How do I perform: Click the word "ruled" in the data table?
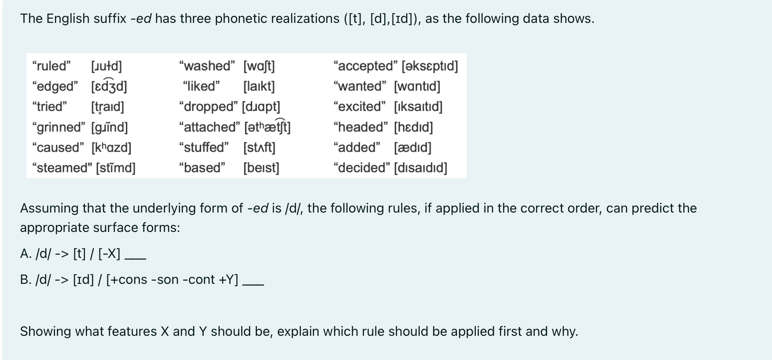51,66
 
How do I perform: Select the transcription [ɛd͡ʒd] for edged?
109,86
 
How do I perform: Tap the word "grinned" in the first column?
59,127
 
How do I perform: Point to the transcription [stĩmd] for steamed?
116,168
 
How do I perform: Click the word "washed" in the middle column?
207,66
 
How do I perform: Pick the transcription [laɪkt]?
259,86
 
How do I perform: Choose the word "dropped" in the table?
208,107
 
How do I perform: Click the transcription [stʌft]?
259,147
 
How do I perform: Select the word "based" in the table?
202,168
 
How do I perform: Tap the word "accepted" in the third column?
366,66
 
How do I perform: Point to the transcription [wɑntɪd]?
417,86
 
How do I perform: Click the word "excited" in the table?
360,107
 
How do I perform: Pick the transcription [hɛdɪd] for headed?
413,127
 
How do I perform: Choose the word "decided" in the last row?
361,168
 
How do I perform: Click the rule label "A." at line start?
26,253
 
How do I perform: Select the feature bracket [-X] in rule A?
109,253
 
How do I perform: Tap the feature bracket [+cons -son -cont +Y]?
172,279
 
